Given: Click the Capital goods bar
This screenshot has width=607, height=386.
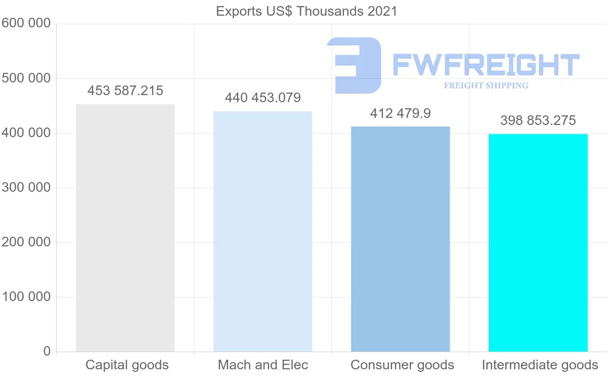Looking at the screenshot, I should [x=125, y=228].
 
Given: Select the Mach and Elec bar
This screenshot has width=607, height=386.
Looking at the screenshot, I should [x=263, y=231].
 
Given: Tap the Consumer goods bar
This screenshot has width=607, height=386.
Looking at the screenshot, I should [x=400, y=239].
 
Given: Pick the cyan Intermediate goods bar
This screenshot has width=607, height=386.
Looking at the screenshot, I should [x=538, y=242].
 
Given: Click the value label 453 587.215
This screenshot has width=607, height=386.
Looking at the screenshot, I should [x=125, y=91].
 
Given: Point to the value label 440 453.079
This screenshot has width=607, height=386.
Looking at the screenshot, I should [x=263, y=98].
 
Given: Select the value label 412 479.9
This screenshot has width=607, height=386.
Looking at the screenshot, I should [x=400, y=113].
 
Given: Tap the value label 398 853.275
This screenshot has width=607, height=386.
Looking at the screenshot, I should [x=538, y=120].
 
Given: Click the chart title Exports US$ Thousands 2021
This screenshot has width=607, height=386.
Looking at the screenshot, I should [x=307, y=11].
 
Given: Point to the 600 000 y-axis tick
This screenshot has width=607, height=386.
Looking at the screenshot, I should [x=26, y=23].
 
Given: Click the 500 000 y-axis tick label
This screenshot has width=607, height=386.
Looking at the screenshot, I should [x=26, y=78].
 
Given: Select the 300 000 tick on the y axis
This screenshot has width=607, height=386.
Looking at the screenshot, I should [x=26, y=188].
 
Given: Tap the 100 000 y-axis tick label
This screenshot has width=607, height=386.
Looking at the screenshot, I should [x=26, y=297].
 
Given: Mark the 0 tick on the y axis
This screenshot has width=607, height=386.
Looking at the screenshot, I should [x=47, y=351].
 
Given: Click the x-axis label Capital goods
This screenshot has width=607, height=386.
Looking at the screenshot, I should [x=127, y=365].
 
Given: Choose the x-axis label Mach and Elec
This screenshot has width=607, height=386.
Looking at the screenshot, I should [x=263, y=365].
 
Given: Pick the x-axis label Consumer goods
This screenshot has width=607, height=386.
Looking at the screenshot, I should [x=402, y=365].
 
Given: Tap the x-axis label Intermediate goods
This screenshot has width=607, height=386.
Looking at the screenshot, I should [x=540, y=365].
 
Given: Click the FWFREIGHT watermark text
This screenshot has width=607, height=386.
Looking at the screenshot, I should [x=486, y=65].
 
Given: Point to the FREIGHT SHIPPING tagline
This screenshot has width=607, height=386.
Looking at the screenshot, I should [x=486, y=85].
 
